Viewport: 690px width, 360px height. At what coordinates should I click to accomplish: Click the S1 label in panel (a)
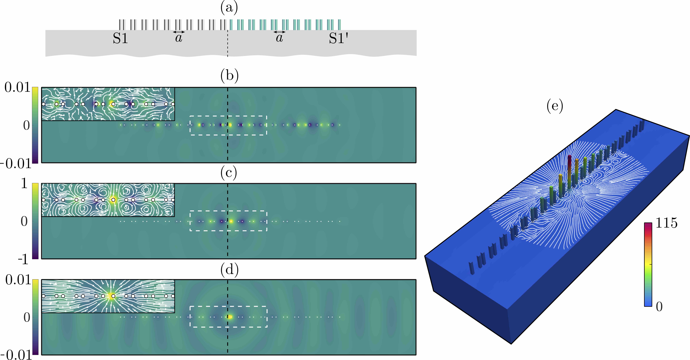point(120,39)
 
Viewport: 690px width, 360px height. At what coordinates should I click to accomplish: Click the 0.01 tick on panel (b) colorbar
point(17,88)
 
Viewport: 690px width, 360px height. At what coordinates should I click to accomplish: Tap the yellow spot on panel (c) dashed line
point(231,221)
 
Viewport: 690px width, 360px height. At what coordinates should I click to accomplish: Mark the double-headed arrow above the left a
point(179,32)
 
